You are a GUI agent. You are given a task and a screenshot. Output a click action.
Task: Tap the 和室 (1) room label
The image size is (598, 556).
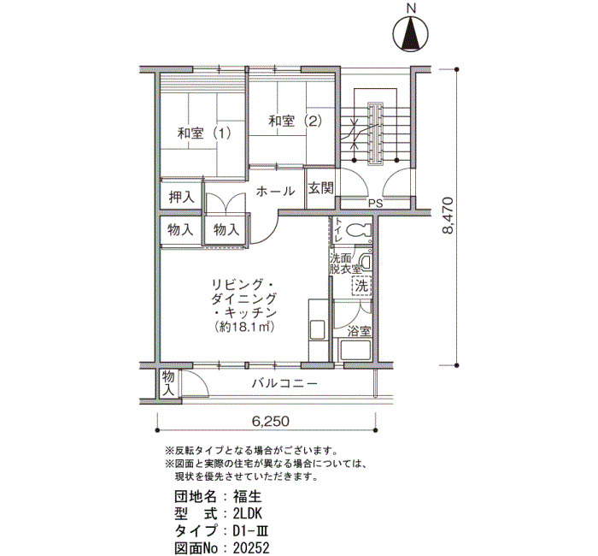click(x=204, y=133)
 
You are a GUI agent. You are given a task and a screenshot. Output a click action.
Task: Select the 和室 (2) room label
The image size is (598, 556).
click(x=296, y=121)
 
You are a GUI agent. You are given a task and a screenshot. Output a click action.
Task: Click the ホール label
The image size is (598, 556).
click(x=275, y=191)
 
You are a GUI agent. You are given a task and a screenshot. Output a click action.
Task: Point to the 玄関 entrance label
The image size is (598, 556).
click(x=320, y=188)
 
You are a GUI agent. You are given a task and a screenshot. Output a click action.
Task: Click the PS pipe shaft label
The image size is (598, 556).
click(x=375, y=204)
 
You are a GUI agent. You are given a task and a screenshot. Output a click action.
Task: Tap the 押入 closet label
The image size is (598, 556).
click(x=181, y=197)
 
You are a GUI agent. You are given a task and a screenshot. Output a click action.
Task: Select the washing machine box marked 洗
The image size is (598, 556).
click(x=361, y=285)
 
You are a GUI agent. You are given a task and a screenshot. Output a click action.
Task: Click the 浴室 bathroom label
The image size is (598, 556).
click(x=359, y=331)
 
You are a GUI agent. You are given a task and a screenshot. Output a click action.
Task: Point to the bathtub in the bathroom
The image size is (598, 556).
click(x=355, y=350)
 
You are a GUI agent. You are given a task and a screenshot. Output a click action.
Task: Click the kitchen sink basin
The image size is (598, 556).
click(x=317, y=330)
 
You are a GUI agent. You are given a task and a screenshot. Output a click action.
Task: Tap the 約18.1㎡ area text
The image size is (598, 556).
click(x=245, y=327)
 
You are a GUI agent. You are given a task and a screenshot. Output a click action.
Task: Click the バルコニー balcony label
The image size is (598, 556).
click(x=284, y=383)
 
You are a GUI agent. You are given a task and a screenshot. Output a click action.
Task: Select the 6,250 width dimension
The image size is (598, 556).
click(x=271, y=421)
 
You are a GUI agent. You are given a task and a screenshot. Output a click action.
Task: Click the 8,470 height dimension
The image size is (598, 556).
click(x=447, y=215)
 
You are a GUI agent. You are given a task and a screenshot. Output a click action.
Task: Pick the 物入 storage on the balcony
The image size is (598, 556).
click(x=167, y=384)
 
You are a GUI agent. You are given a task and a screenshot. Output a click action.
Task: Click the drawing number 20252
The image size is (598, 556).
click(x=251, y=548)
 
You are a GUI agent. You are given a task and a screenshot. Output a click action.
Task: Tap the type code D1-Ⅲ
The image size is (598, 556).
click(x=252, y=531)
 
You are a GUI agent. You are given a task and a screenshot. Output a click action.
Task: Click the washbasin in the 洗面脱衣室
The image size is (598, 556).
click(x=365, y=262)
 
